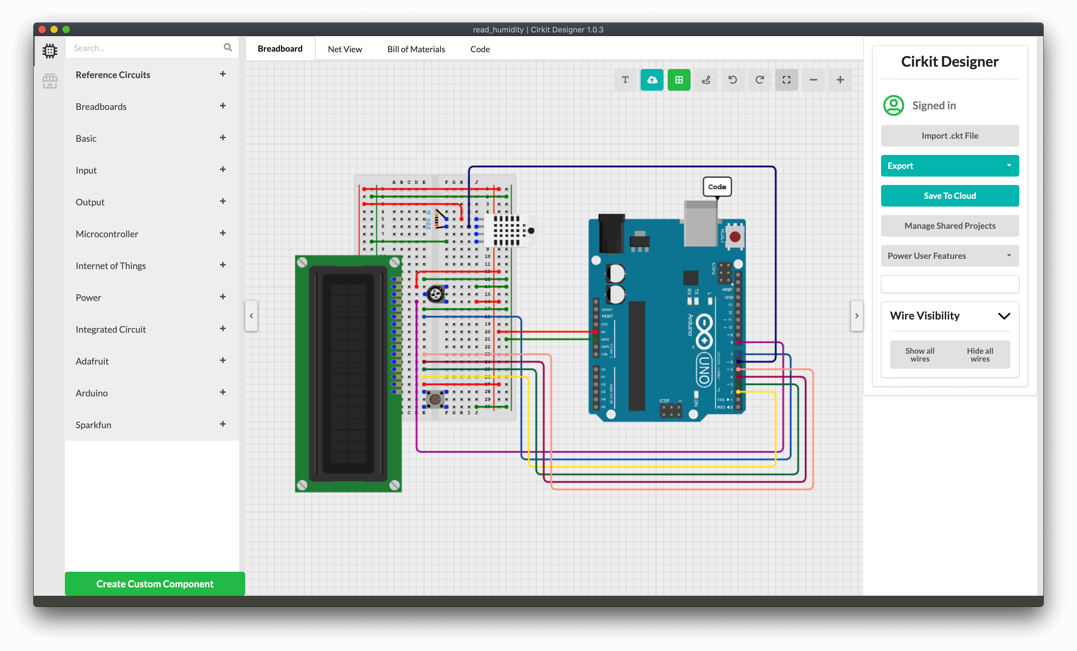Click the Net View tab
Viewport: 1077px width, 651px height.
pyautogui.click(x=345, y=49)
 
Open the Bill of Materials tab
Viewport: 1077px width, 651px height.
pyautogui.click(x=416, y=49)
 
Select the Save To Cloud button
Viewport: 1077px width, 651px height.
pyautogui.click(x=949, y=196)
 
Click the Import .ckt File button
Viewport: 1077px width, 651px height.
pyautogui.click(x=949, y=136)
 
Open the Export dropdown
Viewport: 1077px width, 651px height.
pyautogui.click(x=949, y=165)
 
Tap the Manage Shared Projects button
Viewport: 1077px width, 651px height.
pyautogui.click(x=949, y=226)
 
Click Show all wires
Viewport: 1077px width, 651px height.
pyautogui.click(x=920, y=355)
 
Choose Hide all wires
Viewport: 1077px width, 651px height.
pyautogui.click(x=980, y=355)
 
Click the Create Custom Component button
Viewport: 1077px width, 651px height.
pyautogui.click(x=155, y=584)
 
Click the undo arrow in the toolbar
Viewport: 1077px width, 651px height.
pyautogui.click(x=733, y=80)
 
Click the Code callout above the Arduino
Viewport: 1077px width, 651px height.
pyautogui.click(x=717, y=186)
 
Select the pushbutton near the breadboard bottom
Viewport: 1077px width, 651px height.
pyautogui.click(x=435, y=398)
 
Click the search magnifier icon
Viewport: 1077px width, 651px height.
pyautogui.click(x=228, y=48)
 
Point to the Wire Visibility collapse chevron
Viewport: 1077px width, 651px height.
pyautogui.click(x=1004, y=316)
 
